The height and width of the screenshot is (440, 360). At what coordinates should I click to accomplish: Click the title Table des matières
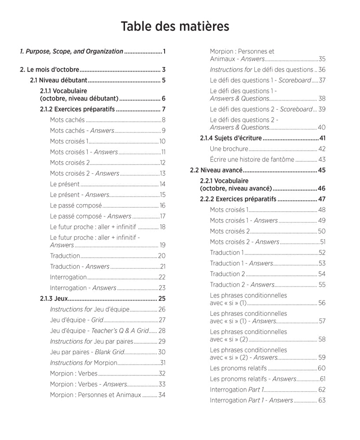175,26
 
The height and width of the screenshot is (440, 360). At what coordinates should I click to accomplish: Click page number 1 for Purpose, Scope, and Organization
164,51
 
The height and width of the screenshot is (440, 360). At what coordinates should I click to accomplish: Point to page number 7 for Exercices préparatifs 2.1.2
163,109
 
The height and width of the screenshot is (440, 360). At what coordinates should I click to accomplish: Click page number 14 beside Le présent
162,184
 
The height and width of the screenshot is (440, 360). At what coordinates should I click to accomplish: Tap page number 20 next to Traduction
161,256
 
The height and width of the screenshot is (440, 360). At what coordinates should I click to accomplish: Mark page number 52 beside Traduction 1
322,253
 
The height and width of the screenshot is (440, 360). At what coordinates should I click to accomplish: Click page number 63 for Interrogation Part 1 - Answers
322,400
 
